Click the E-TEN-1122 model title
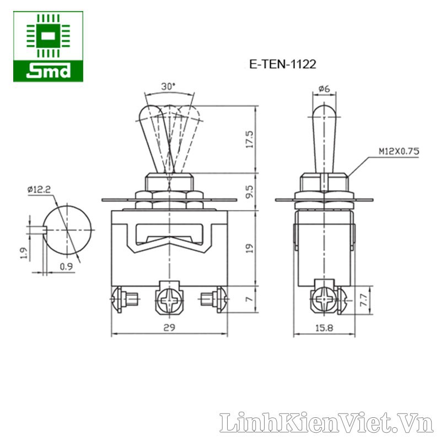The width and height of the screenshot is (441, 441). tap(283, 64)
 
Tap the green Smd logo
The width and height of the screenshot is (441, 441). tap(48, 47)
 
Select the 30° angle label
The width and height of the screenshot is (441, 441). tap(168, 87)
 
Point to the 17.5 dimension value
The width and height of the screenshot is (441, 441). tap(250, 139)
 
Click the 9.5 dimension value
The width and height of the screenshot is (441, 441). tap(250, 191)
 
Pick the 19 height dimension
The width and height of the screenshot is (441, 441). tap(250, 248)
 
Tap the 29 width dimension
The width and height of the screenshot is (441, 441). tap(169, 327)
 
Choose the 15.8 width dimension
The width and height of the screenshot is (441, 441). tap(324, 327)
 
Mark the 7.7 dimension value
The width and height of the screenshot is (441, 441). tap(363, 300)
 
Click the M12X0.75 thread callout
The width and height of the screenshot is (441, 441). tap(399, 151)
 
